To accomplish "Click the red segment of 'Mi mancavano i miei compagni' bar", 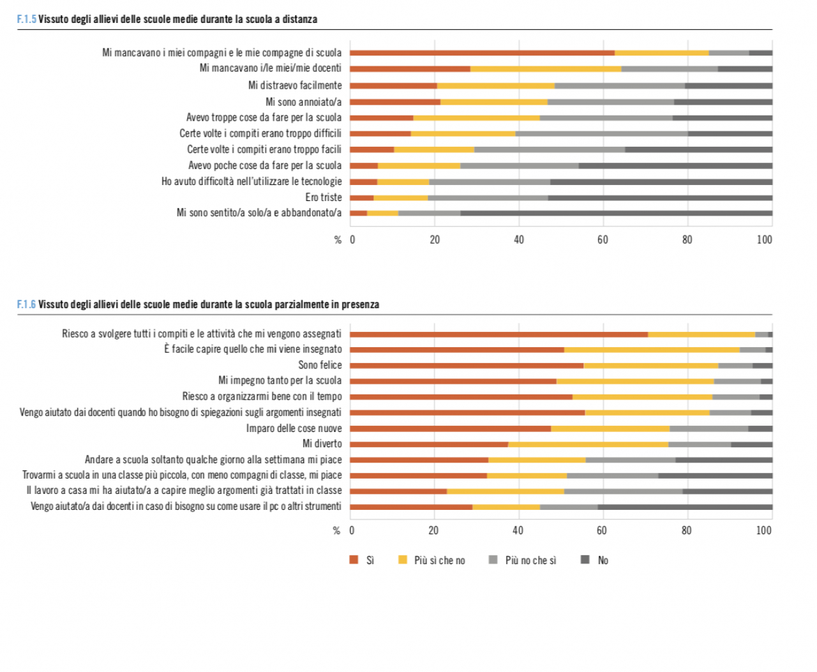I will [x=482, y=53].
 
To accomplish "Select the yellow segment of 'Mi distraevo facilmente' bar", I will [x=495, y=86].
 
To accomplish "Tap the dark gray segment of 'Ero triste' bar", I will [x=660, y=198].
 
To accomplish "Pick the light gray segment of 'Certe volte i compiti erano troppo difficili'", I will [x=602, y=134].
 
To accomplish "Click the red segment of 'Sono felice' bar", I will [x=467, y=366].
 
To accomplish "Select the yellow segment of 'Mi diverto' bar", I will [x=588, y=444].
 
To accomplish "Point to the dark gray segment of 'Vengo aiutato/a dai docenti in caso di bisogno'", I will [x=685, y=507].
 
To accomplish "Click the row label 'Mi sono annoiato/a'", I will [x=303, y=102].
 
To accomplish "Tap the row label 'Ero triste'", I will [x=323, y=198].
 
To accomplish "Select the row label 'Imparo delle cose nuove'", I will [x=294, y=428].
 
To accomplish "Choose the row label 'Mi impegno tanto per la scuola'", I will [x=280, y=381].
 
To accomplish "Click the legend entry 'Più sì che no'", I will [x=439, y=560].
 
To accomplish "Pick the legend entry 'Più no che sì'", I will [x=530, y=560].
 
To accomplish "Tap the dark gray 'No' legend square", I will [x=585, y=560].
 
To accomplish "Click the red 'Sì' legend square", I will [x=354, y=560].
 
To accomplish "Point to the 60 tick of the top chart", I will [x=603, y=240].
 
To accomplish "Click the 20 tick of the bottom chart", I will [x=433, y=530].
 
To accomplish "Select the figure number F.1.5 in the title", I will [x=26, y=19].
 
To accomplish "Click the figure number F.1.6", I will [x=26, y=304].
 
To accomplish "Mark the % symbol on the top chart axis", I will [x=338, y=240].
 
